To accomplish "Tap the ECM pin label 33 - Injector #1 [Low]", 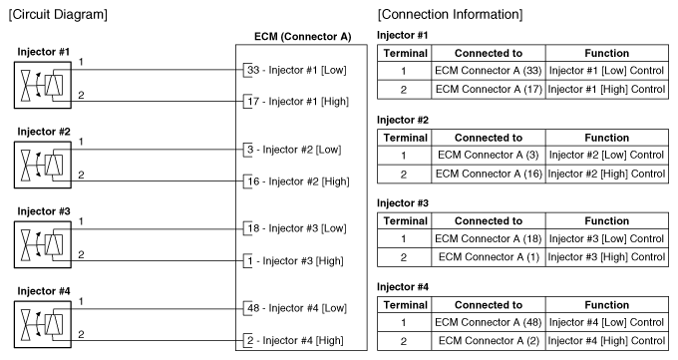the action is point(297,70).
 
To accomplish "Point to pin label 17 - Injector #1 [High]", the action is point(298,102).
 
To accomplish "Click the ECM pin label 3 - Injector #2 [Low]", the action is point(294,150).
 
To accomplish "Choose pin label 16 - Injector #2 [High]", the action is point(298,181).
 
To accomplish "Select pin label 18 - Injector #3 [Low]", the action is point(297,228).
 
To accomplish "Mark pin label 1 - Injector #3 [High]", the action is point(295,261).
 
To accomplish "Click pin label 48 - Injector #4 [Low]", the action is point(297,308).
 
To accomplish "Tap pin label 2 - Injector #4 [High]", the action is point(295,340).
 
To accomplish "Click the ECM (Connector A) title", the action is point(303,37).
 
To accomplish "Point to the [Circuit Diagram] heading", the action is point(58,14).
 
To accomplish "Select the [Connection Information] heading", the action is point(450,14).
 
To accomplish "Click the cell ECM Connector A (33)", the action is point(489,71).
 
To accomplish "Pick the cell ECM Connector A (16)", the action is point(489,174).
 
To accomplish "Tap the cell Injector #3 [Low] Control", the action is point(606,239).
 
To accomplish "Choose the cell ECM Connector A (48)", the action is point(489,322).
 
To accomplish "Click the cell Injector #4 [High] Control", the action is point(606,341).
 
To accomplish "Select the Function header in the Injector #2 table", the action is point(606,138).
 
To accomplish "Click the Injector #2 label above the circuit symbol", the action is point(44,132).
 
